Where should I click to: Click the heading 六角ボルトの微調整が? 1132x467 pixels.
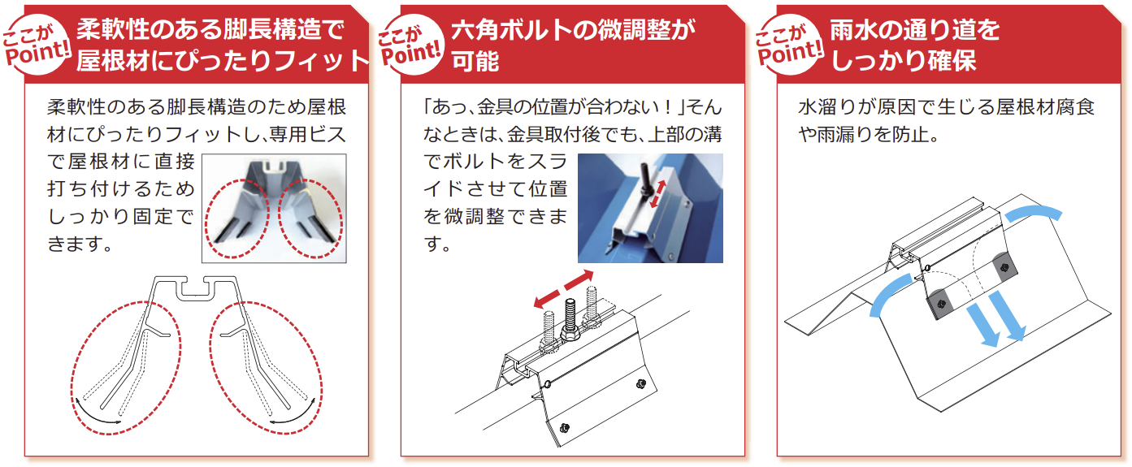[x=573, y=30]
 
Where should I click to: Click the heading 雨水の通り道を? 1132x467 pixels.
[x=915, y=30]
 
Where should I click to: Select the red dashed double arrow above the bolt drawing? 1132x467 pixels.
[x=563, y=289]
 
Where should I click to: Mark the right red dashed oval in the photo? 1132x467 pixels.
[x=310, y=218]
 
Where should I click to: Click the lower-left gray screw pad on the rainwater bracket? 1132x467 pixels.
[x=940, y=304]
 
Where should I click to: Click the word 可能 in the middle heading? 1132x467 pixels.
[x=475, y=61]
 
